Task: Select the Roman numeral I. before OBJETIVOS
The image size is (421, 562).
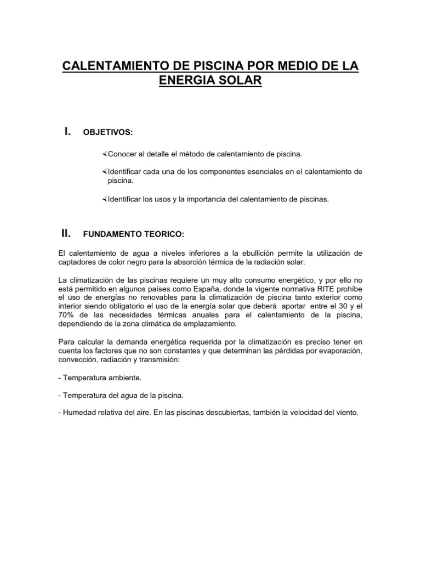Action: pyautogui.click(x=67, y=131)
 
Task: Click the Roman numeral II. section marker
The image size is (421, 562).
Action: pyautogui.click(x=67, y=233)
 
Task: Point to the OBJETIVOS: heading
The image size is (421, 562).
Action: pyautogui.click(x=107, y=132)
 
